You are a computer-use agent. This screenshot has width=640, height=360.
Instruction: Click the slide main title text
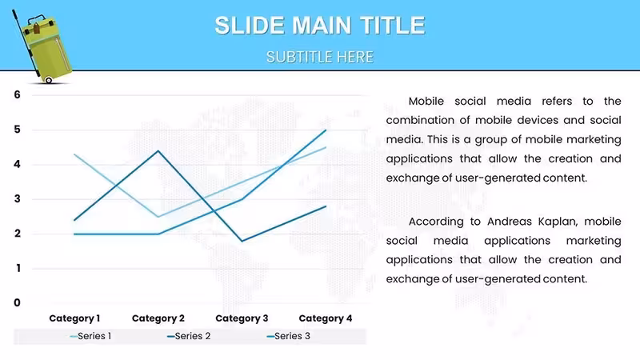coord(320,26)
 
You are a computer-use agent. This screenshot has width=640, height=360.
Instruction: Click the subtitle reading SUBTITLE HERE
coord(320,57)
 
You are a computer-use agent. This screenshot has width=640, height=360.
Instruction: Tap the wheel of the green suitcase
coord(49,80)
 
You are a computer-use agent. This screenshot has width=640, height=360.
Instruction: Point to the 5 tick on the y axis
coord(17,130)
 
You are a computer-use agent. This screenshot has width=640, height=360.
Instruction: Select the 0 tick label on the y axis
coord(17,303)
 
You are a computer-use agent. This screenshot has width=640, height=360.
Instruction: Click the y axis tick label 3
coord(17,199)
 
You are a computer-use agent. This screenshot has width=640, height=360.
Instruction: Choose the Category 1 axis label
coord(74,318)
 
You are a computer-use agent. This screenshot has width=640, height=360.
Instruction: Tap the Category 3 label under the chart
coord(242,318)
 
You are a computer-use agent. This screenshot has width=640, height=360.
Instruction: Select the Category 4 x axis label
coord(326,318)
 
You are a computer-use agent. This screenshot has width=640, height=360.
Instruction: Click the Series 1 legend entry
coord(90,336)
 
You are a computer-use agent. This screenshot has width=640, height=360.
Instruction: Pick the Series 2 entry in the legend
coord(189,336)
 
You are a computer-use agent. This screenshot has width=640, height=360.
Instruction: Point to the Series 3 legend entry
coord(288,336)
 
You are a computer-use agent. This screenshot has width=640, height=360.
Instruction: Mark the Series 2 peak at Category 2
coord(158,151)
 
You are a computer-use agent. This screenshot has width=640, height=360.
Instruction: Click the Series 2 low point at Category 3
coord(242,241)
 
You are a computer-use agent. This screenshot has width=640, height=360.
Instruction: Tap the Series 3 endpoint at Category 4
coord(326,130)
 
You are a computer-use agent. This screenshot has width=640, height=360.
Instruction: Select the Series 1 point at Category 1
coord(74,154)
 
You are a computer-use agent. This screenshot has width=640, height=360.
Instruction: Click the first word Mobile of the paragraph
coord(426,102)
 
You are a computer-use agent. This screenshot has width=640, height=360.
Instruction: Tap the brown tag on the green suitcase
coord(36,29)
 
